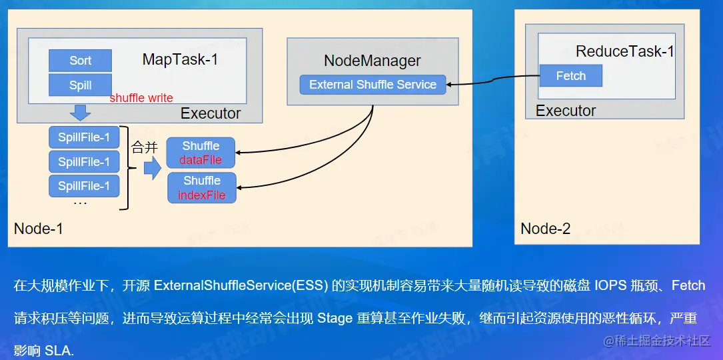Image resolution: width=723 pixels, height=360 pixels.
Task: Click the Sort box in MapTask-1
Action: click(80, 61)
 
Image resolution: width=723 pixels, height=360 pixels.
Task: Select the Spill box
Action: click(80, 85)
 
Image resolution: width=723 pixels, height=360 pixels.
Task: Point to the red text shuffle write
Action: click(141, 98)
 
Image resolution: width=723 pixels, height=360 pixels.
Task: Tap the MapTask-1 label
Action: click(180, 60)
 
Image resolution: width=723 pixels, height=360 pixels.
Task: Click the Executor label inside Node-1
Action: click(211, 113)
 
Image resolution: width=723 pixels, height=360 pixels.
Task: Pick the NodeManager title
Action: click(372, 61)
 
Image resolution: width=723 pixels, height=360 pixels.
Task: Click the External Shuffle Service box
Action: click(372, 85)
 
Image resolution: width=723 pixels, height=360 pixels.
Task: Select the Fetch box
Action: click(570, 76)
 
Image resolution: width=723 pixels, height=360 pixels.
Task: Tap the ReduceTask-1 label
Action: click(625, 51)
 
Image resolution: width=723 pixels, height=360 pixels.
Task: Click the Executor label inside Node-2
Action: click(566, 111)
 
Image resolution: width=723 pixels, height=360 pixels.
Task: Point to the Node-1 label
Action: click(39, 229)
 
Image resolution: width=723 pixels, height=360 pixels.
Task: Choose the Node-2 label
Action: click(546, 229)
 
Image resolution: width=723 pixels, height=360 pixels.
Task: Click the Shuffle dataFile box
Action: click(201, 153)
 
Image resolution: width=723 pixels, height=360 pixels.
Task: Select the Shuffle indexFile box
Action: click(201, 187)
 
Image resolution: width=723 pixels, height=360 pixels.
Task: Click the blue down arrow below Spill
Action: click(81, 111)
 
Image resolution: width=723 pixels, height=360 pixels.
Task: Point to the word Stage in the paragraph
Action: click(335, 318)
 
